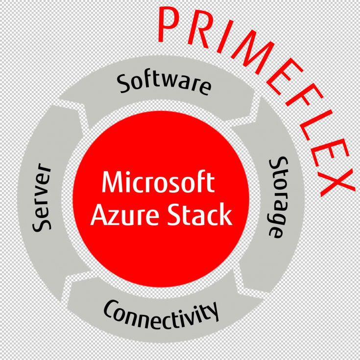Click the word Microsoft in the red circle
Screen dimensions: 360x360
point(158,183)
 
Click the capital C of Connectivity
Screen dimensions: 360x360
point(112,310)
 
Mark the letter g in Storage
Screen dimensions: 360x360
point(275,218)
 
